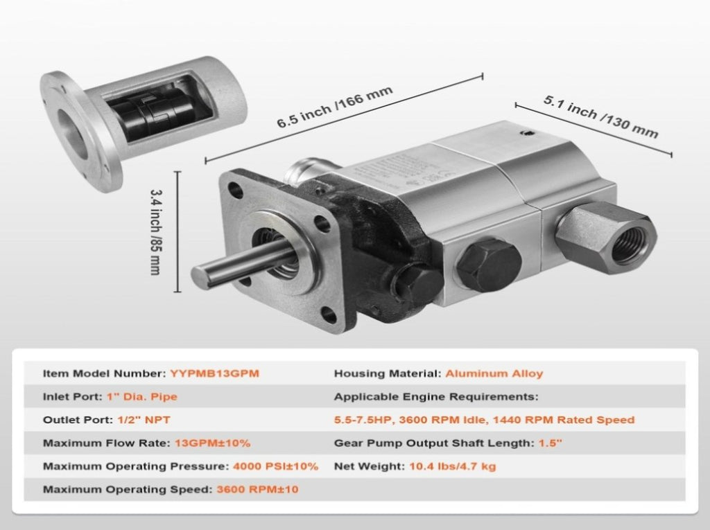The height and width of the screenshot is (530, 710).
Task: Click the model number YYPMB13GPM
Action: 215,373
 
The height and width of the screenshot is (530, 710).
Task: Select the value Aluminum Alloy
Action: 494,373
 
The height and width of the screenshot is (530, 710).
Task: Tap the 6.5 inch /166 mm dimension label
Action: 334,107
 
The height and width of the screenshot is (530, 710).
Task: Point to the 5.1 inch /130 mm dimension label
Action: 600,116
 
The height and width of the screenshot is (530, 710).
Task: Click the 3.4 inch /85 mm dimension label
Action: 155,231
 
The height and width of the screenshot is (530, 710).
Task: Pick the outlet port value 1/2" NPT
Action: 144,420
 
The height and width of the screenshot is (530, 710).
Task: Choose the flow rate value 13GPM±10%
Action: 212,443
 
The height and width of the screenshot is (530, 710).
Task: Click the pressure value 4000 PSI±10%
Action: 275,466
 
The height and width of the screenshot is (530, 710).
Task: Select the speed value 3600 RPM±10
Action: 257,489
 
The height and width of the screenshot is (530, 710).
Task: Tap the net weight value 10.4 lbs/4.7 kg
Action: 452,466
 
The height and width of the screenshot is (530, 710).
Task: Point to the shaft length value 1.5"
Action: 550,443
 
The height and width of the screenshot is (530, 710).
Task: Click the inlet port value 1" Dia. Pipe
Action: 141,397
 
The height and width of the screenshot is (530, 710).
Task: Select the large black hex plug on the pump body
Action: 488,265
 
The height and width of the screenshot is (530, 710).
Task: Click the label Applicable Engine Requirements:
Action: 436,397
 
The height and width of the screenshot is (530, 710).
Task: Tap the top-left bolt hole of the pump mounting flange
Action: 235,189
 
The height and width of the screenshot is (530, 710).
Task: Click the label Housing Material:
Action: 388,373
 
